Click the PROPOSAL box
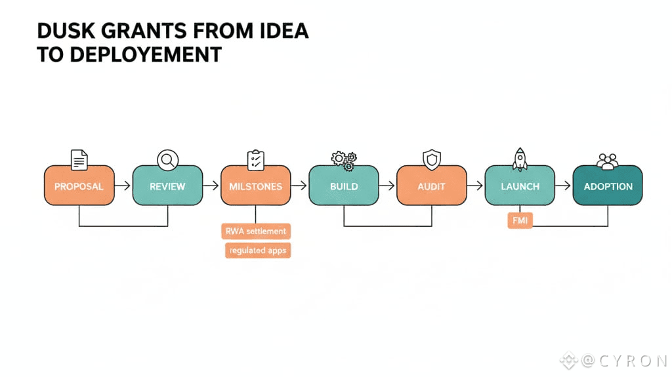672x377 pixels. point(79,186)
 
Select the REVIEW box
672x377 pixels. point(167,186)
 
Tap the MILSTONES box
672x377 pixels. point(255,186)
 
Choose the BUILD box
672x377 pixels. point(344,186)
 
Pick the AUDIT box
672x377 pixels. point(431,186)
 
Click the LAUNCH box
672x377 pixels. point(520,186)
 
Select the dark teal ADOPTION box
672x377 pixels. point(608,186)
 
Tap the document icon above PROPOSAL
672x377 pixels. point(79,160)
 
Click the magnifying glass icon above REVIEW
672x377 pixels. point(168,160)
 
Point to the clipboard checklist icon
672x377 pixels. point(256,160)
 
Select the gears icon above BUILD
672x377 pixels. point(345,160)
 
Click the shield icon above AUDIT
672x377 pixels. point(431,159)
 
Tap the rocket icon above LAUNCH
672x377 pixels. point(520,159)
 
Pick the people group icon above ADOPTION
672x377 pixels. point(608,161)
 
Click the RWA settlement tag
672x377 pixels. point(256,231)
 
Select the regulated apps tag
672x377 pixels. point(257,250)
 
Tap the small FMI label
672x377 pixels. point(520,221)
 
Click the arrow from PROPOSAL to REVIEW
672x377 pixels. point(123,186)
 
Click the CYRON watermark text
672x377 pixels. point(623,360)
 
